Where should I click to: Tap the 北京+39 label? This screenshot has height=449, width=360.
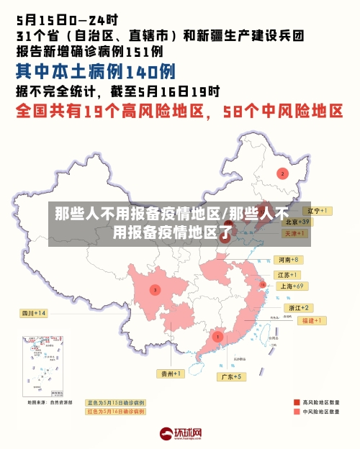[296, 222]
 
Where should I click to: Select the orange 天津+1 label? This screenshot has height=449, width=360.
[294, 234]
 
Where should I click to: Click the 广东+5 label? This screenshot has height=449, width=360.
[232, 376]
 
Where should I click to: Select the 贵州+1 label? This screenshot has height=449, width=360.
[171, 373]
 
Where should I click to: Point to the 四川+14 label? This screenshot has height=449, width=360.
[33, 313]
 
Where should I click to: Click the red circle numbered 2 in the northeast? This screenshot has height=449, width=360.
[283, 173]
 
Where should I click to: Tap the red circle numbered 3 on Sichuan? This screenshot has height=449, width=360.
[155, 290]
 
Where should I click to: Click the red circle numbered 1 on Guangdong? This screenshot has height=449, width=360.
[218, 336]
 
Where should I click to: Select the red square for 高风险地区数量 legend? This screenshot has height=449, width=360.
[297, 402]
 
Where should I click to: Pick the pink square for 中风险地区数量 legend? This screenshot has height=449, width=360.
[297, 412]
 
